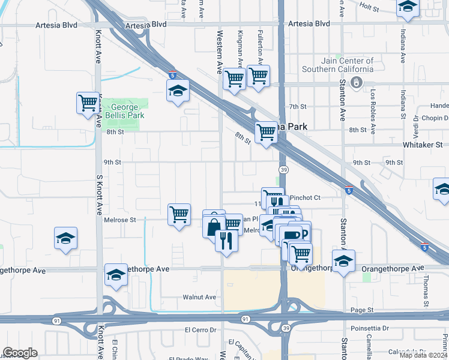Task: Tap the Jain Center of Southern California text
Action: pyautogui.click(x=339, y=65)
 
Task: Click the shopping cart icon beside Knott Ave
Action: pyautogui.click(x=88, y=103)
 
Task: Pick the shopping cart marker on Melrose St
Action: pyautogui.click(x=179, y=214)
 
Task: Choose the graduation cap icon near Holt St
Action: pyautogui.click(x=408, y=8)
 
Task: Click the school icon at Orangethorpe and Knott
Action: pyautogui.click(x=116, y=275)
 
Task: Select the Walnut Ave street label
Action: pyautogui.click(x=200, y=297)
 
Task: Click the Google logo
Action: pyautogui.click(x=20, y=353)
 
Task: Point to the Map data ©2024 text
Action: pyautogui.click(x=423, y=355)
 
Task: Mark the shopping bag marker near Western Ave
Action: pyautogui.click(x=214, y=225)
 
